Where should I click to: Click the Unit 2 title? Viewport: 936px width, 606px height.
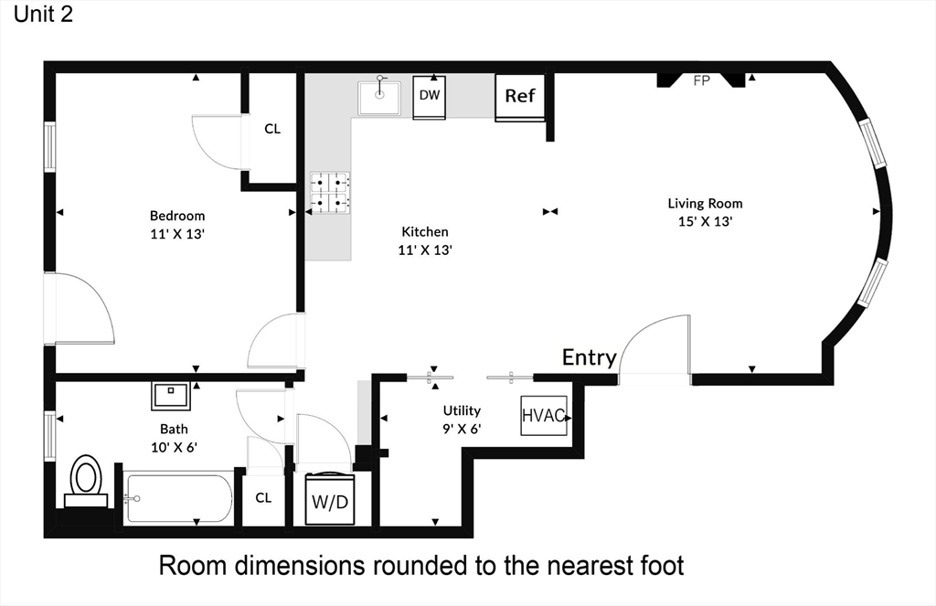click(x=43, y=15)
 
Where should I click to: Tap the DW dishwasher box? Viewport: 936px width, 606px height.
click(x=430, y=97)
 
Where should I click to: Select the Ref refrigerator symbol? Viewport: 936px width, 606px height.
click(x=520, y=97)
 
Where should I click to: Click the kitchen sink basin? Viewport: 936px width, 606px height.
click(x=379, y=98)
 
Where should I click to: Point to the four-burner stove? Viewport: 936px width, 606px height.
click(x=330, y=193)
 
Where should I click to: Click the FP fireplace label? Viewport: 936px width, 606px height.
click(x=701, y=80)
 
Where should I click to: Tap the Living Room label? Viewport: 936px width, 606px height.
click(x=705, y=204)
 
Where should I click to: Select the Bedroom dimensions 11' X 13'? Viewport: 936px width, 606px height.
click(x=177, y=234)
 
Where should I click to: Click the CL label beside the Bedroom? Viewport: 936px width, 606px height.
click(x=272, y=129)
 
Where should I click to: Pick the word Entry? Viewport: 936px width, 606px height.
click(x=590, y=357)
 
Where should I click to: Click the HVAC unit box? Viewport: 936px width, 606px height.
click(x=544, y=416)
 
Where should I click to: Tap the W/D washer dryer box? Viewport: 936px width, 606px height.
click(x=330, y=500)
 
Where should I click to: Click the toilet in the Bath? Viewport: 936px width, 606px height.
click(x=86, y=481)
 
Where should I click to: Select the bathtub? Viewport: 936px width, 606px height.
click(x=178, y=498)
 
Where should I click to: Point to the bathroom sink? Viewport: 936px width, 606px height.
click(x=171, y=396)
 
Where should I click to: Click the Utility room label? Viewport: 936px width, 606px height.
click(x=462, y=410)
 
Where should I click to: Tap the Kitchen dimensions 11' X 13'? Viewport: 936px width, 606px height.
click(x=425, y=250)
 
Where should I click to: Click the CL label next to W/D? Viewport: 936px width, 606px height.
click(x=263, y=498)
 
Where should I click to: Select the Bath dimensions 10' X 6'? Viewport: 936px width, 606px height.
click(x=174, y=447)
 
